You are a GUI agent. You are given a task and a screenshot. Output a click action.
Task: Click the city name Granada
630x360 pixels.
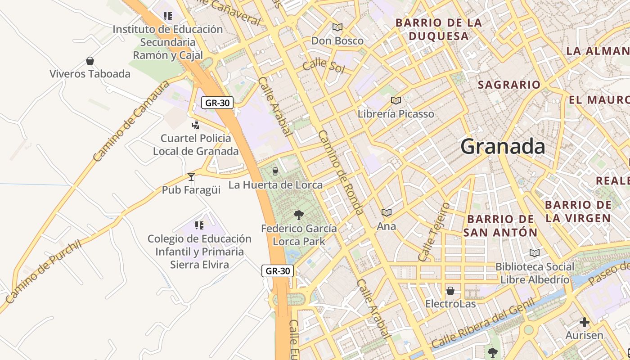[x=503, y=147]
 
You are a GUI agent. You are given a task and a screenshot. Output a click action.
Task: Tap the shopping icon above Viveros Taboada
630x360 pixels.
[x=90, y=61]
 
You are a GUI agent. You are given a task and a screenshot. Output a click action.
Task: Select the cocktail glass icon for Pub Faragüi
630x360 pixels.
[x=191, y=176]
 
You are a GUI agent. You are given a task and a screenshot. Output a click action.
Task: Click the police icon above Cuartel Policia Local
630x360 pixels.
[x=195, y=125]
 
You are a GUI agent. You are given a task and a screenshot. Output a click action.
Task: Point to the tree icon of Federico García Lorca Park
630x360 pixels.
[x=298, y=215]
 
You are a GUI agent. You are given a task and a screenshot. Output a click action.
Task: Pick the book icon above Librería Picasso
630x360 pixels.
[x=396, y=100]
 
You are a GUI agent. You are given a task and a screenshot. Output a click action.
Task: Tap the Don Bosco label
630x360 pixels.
[x=337, y=41]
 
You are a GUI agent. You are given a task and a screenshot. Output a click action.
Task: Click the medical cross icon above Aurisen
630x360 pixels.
[x=585, y=322]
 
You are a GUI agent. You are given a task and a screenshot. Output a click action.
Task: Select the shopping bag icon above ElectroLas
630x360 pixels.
[x=450, y=291]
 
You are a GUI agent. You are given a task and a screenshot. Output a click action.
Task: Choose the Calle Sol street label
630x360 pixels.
[x=323, y=66]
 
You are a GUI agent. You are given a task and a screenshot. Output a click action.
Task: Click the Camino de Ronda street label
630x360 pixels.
[x=340, y=172]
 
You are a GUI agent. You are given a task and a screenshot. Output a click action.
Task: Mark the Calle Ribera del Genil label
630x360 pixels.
[x=483, y=323]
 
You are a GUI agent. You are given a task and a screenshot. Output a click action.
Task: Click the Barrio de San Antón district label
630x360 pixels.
[x=500, y=226]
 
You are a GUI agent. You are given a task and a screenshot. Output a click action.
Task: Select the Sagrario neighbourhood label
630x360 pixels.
[x=509, y=85]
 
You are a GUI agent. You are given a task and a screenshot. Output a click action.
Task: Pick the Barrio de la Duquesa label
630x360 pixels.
[x=438, y=29]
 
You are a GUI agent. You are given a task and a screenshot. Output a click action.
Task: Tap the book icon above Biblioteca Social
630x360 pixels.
[x=535, y=253]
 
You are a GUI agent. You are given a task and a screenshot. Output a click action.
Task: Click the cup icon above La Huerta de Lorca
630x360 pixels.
[x=275, y=171]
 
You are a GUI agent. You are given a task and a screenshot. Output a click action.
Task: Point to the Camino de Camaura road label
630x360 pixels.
[x=131, y=121]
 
